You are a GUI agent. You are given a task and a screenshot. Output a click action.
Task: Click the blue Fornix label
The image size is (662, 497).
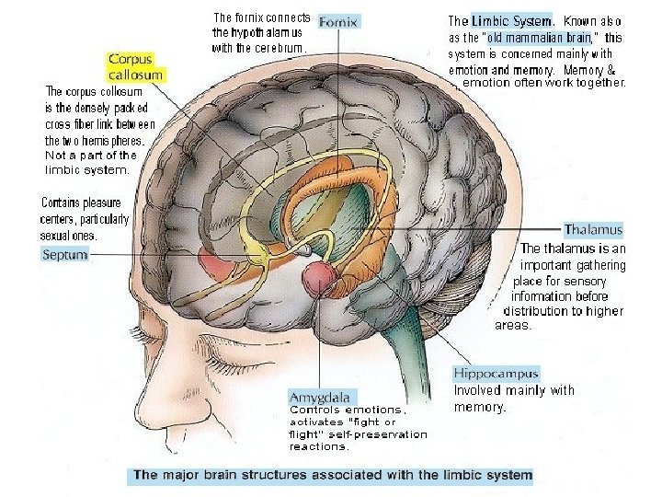338,20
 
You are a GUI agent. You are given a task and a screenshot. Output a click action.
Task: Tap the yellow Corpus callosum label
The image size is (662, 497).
136,67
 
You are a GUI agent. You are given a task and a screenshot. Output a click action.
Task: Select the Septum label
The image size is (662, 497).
65,255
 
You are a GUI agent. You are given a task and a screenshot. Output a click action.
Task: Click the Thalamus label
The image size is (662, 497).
593,229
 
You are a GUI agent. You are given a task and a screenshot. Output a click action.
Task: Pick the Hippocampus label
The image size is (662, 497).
496,373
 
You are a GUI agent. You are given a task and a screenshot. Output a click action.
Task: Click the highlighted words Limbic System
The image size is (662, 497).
512,20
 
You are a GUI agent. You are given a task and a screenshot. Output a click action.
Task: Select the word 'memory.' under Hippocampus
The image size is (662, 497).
481,406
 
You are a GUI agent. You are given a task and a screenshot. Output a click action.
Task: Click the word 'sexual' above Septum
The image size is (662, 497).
59,236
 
